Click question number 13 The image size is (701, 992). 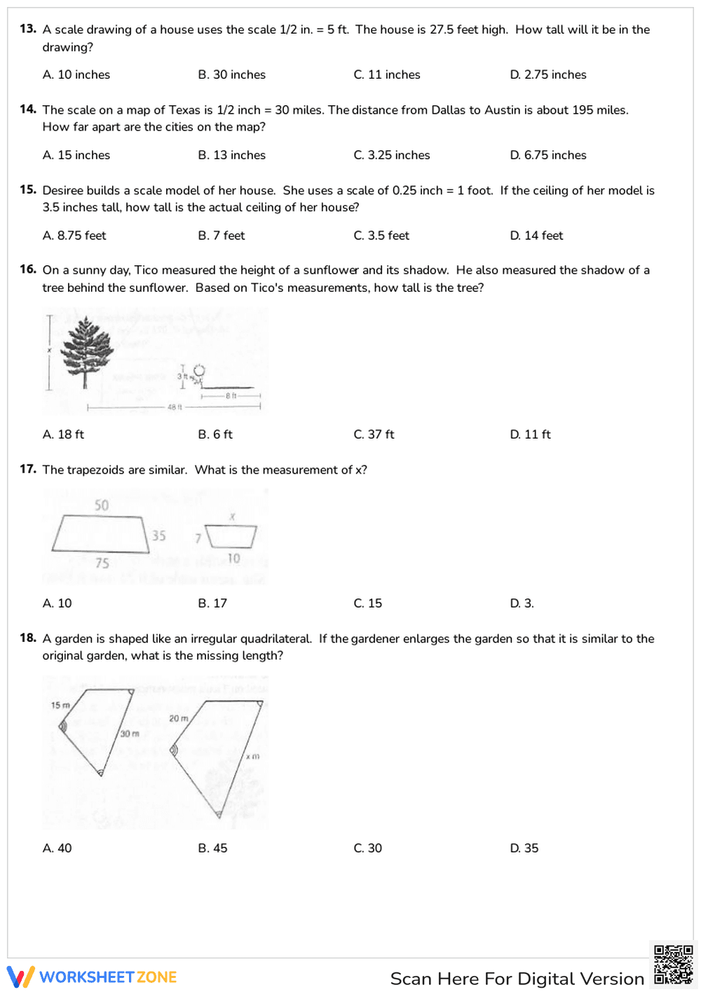28,29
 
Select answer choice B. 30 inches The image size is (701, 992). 231,74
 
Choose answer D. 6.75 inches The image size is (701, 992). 548,155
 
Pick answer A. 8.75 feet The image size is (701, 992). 74,236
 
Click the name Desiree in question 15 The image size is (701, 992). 64,191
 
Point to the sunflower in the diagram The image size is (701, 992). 199,373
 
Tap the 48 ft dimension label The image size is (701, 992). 175,407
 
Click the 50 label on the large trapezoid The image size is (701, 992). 102,505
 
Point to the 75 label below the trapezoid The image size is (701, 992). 102,563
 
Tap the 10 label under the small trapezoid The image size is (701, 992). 233,558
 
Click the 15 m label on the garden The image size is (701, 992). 60,705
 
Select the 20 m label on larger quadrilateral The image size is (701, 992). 178,718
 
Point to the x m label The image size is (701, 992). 252,756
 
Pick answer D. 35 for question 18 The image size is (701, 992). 524,848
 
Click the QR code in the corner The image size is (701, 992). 673,965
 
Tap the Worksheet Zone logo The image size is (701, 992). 92,977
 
